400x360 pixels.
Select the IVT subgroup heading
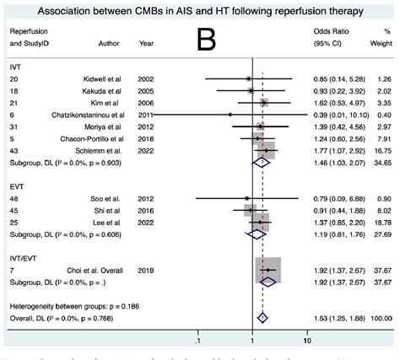point(14,65)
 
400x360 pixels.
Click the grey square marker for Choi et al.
point(268,271)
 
